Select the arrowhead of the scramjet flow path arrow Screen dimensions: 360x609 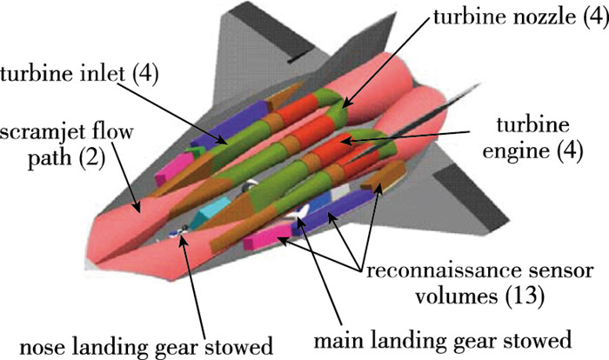[x=137, y=210]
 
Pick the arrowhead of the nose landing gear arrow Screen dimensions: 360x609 [x=182, y=232]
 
